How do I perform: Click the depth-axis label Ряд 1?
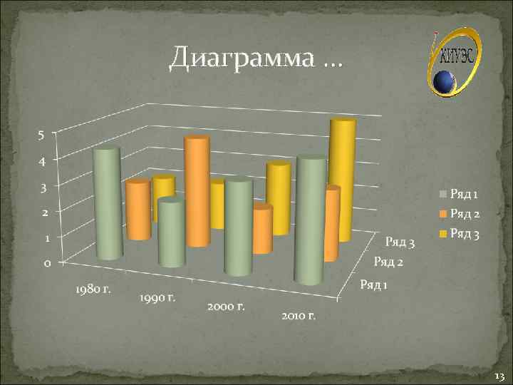click(x=374, y=285)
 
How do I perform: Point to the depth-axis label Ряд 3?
click(x=400, y=245)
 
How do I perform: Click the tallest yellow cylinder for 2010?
click(x=342, y=178)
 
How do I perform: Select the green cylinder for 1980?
click(x=108, y=203)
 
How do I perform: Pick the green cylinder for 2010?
click(x=311, y=217)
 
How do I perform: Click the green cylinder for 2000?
click(x=239, y=227)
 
